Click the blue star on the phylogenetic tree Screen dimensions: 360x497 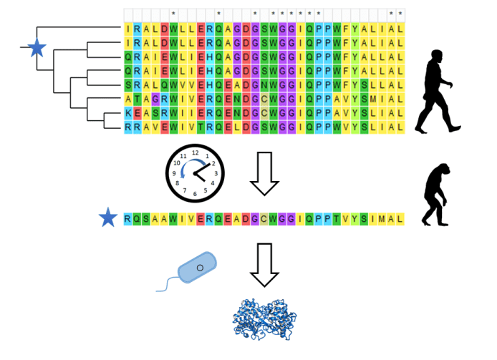(37, 49)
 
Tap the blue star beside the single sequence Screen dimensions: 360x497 (108, 218)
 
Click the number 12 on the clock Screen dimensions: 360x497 (195, 152)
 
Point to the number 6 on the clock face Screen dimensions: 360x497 (195, 194)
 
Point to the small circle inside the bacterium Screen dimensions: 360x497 (200, 268)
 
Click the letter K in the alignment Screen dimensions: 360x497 (128, 113)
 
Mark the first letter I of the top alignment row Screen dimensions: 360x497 (128, 29)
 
